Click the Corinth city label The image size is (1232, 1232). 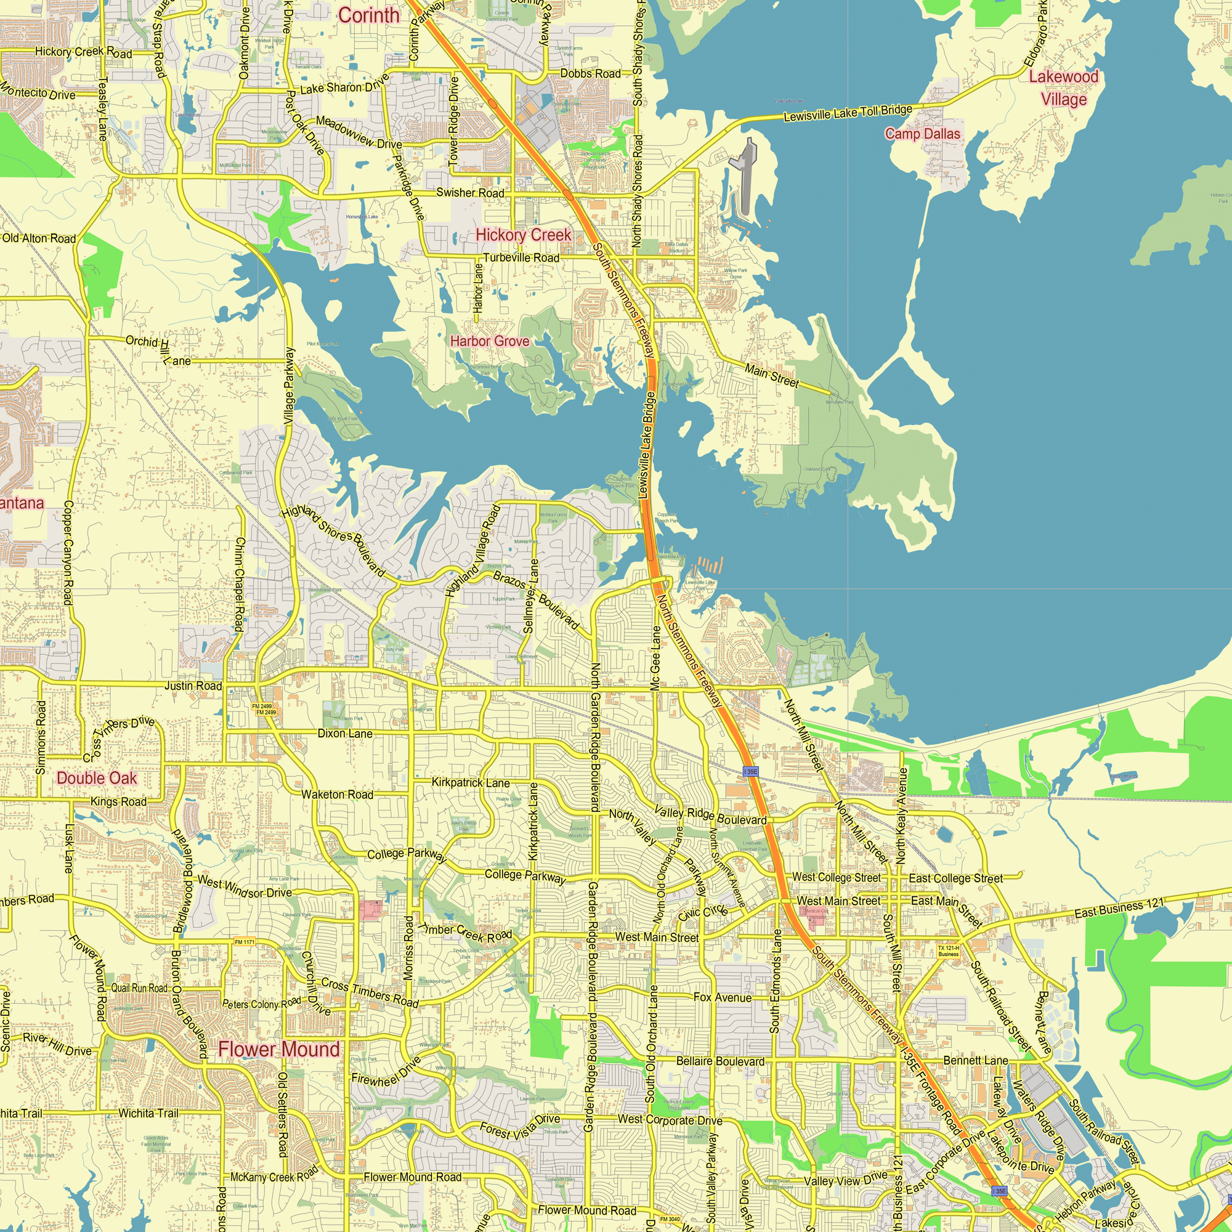tap(368, 15)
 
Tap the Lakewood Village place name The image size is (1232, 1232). tap(1063, 88)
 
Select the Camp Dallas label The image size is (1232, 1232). tap(922, 134)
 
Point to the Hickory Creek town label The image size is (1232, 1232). tap(524, 235)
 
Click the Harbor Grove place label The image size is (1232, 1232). tap(490, 341)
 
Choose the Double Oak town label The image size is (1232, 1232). tap(97, 778)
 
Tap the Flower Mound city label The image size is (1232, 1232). tap(279, 1049)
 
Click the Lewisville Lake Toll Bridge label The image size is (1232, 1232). tap(848, 113)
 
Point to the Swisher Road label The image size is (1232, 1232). tap(470, 193)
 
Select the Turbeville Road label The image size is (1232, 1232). tap(521, 257)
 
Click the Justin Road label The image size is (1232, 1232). tap(193, 686)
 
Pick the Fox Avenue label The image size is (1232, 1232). tap(722, 997)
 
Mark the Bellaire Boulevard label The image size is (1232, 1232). tap(720, 1061)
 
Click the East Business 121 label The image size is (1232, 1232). tap(1119, 908)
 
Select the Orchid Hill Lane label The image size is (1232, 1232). tap(158, 350)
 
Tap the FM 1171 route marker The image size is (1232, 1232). tap(244, 942)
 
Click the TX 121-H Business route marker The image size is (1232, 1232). tap(948, 950)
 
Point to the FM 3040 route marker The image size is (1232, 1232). tap(670, 1219)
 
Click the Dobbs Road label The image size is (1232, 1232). tap(590, 74)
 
